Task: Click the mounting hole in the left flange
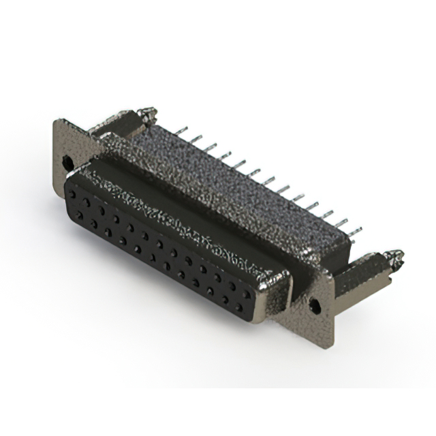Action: tap(67, 162)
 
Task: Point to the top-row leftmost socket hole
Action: tap(72, 193)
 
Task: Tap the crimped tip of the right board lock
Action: tap(394, 258)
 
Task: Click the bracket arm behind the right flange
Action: tap(361, 272)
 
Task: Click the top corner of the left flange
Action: tap(57, 123)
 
